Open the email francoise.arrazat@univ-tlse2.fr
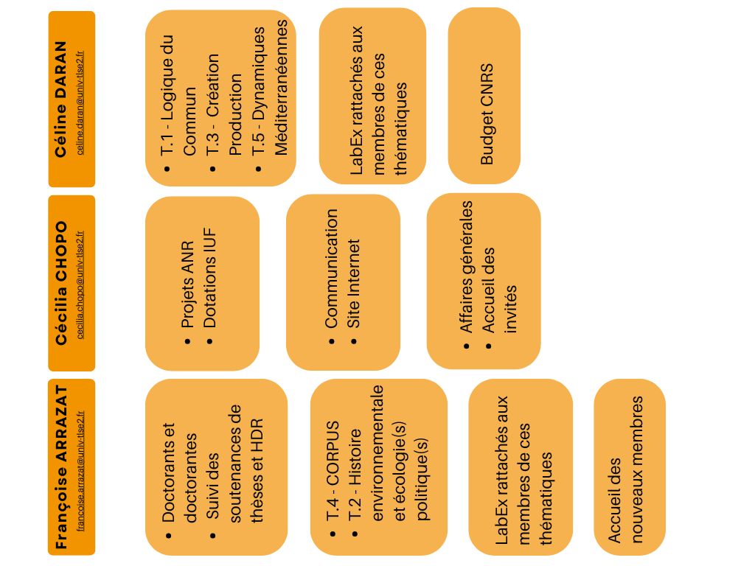pyautogui.click(x=80, y=469)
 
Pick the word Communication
pyautogui.click(x=331, y=268)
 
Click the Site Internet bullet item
pyautogui.click(x=354, y=283)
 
